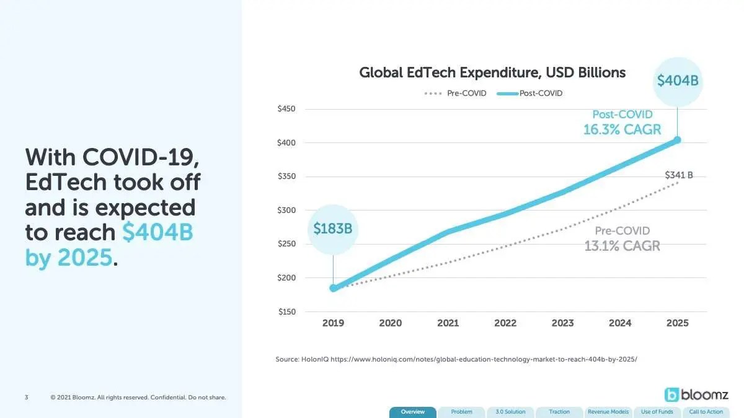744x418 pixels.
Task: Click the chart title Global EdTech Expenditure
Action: pos(492,72)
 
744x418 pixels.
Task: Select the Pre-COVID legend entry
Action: pos(455,94)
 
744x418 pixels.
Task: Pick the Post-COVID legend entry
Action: pos(529,94)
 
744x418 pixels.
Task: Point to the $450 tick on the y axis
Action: pos(286,109)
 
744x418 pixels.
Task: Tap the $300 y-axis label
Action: pos(286,210)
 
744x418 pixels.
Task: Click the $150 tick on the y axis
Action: pos(286,311)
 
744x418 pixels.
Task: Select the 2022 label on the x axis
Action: pos(505,323)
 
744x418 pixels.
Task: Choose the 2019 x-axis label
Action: pos(333,323)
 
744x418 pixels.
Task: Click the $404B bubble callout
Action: pos(678,81)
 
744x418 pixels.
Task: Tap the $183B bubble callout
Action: pos(333,229)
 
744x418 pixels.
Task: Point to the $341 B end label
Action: pos(679,175)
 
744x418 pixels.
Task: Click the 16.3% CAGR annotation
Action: pos(622,129)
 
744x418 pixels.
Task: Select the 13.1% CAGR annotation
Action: pos(622,246)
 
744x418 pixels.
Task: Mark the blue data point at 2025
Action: pos(677,141)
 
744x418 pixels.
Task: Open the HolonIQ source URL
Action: pos(484,359)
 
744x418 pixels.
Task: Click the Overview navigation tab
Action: pos(412,412)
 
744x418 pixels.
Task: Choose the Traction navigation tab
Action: pos(559,412)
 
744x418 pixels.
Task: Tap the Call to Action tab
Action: pos(706,412)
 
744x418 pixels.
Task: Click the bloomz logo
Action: pos(696,394)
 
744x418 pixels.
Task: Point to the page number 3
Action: pos(27,397)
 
